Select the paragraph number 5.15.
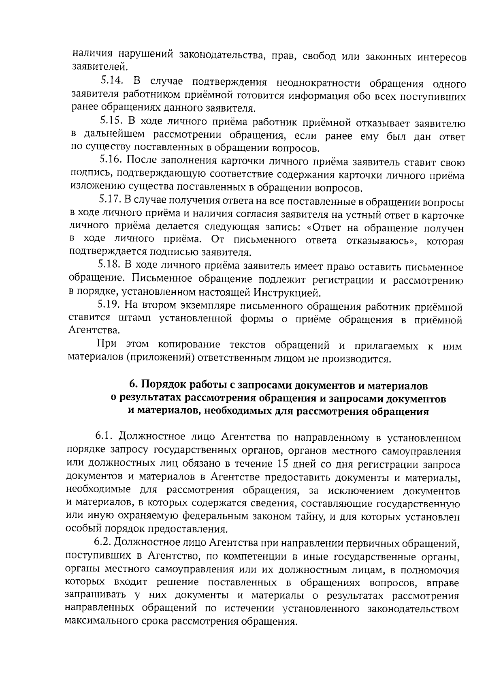[111, 120]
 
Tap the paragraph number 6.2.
[104, 542]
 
